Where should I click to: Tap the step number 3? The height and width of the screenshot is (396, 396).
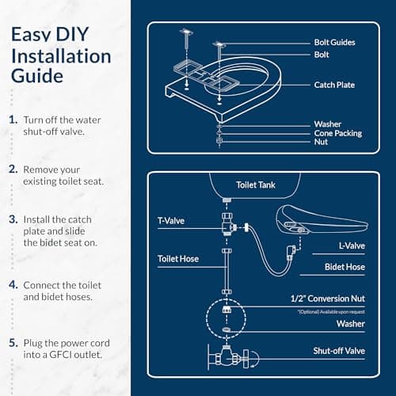(x=13, y=218)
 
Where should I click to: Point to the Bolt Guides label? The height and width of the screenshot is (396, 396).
(x=334, y=42)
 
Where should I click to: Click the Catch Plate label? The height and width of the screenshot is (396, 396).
(x=334, y=85)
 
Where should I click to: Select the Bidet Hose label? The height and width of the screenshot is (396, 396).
(x=345, y=267)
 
